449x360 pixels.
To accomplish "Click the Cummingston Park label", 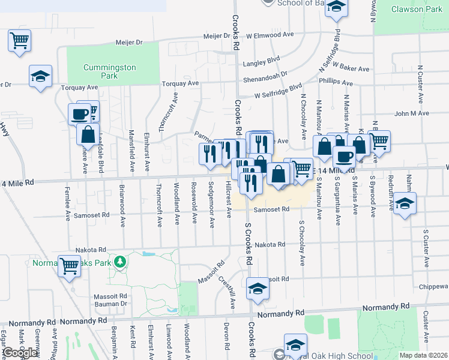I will point(110,72).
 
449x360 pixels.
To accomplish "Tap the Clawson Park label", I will point(416,9).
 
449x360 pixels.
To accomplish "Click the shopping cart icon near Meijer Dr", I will point(20,41).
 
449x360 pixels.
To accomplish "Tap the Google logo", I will point(19,353).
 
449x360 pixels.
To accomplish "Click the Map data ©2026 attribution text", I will point(423,355).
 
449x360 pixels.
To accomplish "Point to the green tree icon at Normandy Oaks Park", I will point(121,262).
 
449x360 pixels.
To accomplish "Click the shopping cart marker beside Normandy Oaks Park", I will point(69,265).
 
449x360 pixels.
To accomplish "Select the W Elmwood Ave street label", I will point(270,35).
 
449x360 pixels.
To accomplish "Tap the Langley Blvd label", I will point(262,61).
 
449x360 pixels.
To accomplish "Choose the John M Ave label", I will point(411,113).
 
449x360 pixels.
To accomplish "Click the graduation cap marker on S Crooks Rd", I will point(258,289).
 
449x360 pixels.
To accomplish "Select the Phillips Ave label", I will point(336,82).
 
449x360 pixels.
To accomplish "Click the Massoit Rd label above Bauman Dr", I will point(110,296).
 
